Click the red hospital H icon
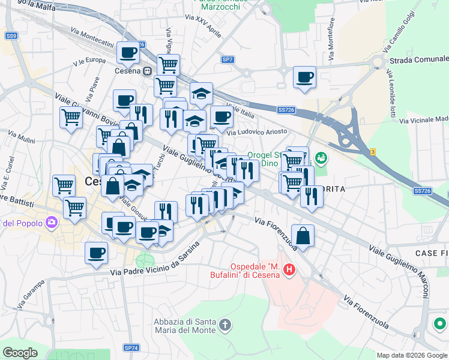(x=289, y=270)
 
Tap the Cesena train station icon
(x=147, y=71)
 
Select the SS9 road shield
(x=12, y=36)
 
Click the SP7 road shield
(x=228, y=59)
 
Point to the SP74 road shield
(x=131, y=347)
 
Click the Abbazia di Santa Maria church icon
(x=225, y=325)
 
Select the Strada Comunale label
(x=418, y=59)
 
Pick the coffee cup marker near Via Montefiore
(x=304, y=77)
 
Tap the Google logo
(x=20, y=353)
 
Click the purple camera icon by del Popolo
(x=52, y=223)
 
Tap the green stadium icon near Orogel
(x=322, y=157)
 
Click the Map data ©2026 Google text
(x=412, y=355)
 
